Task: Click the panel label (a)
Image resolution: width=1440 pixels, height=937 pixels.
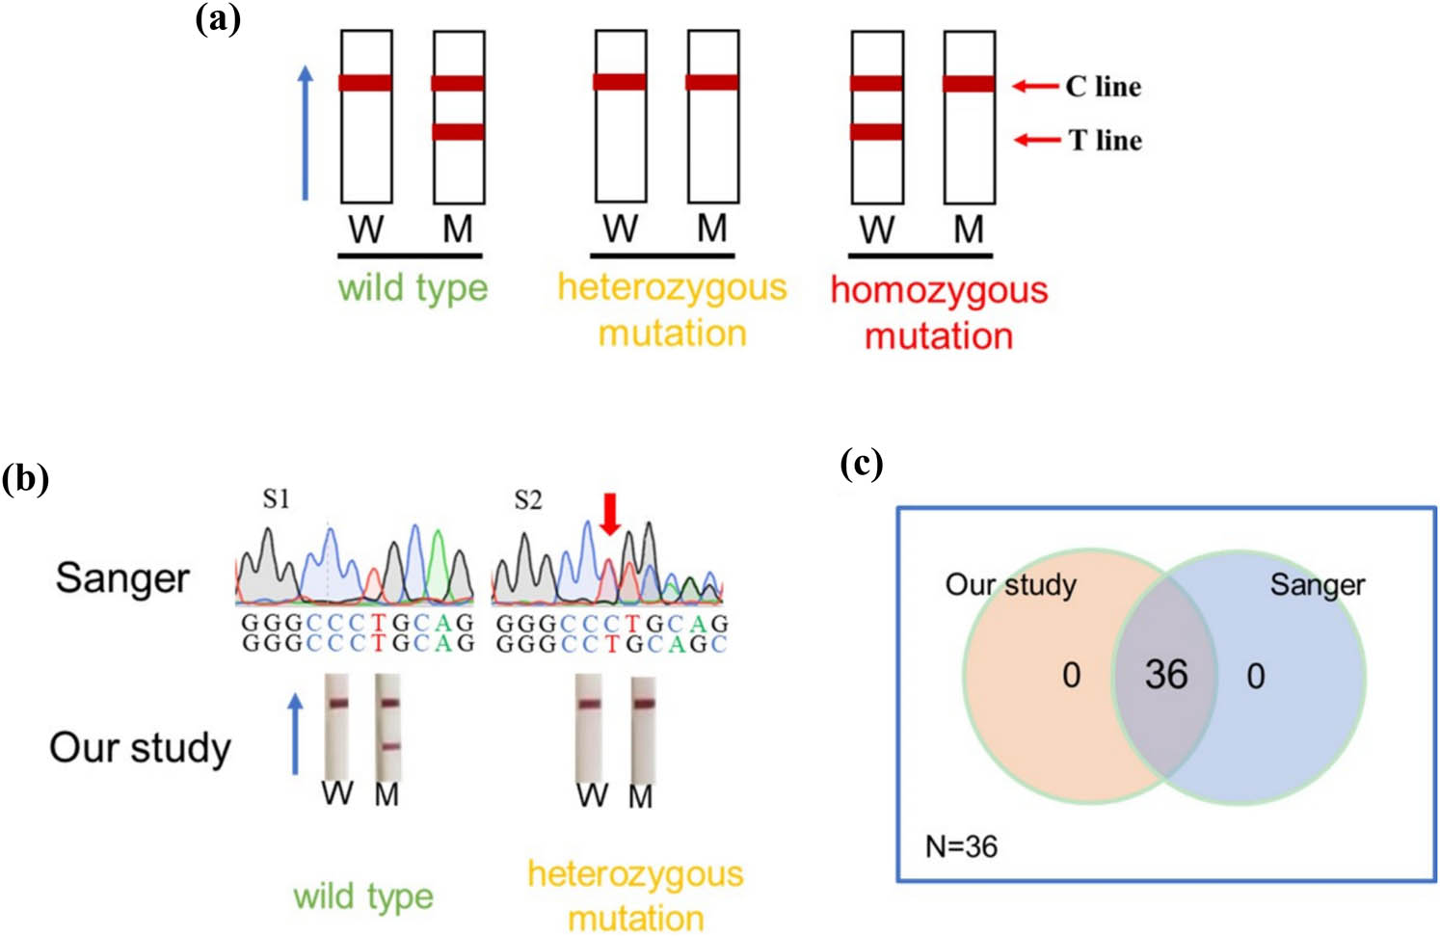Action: coord(218,18)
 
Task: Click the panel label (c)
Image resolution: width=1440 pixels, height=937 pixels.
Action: coord(861,464)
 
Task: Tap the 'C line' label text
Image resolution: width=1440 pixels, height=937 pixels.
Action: coord(1103,87)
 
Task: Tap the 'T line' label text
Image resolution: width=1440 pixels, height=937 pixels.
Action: coord(1105,141)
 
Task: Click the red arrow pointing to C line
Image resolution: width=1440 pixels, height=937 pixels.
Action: coord(1035,87)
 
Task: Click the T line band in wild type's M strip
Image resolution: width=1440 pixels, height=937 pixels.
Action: coord(458,132)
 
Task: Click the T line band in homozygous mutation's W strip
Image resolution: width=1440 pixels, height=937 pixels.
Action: coord(876,132)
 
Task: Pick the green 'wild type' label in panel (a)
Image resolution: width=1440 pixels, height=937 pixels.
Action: coord(413,288)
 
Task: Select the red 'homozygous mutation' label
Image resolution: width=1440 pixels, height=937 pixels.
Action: coord(939,312)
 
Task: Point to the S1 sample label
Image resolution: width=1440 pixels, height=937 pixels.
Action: coord(276,499)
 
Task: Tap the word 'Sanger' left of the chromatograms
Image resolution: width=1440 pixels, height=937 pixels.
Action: coord(122,578)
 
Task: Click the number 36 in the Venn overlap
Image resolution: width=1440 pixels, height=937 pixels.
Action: coord(1165,675)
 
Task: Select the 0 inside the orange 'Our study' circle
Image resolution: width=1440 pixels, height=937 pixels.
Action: coord(1071,676)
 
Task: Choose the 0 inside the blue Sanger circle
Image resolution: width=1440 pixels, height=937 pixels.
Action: coord(1255,676)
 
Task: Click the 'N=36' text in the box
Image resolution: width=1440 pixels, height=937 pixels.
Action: coord(961,846)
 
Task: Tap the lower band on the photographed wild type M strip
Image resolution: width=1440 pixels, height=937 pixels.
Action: coord(388,746)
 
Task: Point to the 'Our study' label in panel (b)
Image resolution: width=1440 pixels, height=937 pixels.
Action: coord(141,748)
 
